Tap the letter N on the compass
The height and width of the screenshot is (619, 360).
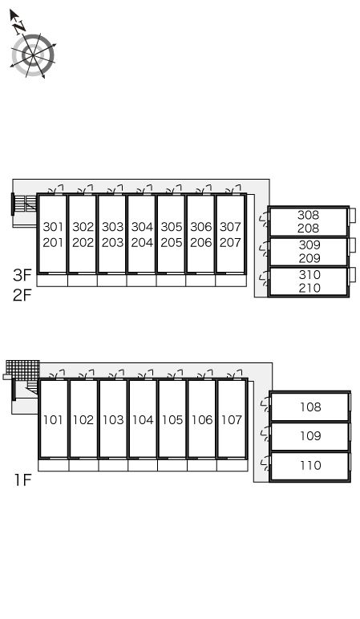tap(18, 26)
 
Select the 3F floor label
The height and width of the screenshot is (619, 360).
tap(22, 275)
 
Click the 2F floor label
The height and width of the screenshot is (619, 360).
tap(22, 294)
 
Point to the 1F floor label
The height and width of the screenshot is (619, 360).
tap(22, 480)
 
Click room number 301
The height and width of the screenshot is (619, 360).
tap(53, 227)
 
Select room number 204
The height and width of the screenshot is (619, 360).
tap(142, 242)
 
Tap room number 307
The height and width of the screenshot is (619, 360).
tap(231, 227)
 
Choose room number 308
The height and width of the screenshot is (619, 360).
tap(309, 215)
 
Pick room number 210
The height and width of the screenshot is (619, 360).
tap(309, 288)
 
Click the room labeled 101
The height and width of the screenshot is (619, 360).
tap(53, 419)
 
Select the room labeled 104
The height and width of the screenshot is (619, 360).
tap(143, 419)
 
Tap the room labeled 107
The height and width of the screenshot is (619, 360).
tap(232, 419)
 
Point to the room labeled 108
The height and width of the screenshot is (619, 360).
tap(310, 407)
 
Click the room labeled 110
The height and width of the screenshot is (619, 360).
tap(310, 465)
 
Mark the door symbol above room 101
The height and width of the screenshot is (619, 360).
tap(58, 374)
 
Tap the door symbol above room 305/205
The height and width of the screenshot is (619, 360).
tap(174, 188)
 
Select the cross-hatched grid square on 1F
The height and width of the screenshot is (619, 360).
tap(23, 370)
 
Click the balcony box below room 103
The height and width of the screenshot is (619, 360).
tap(113, 465)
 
